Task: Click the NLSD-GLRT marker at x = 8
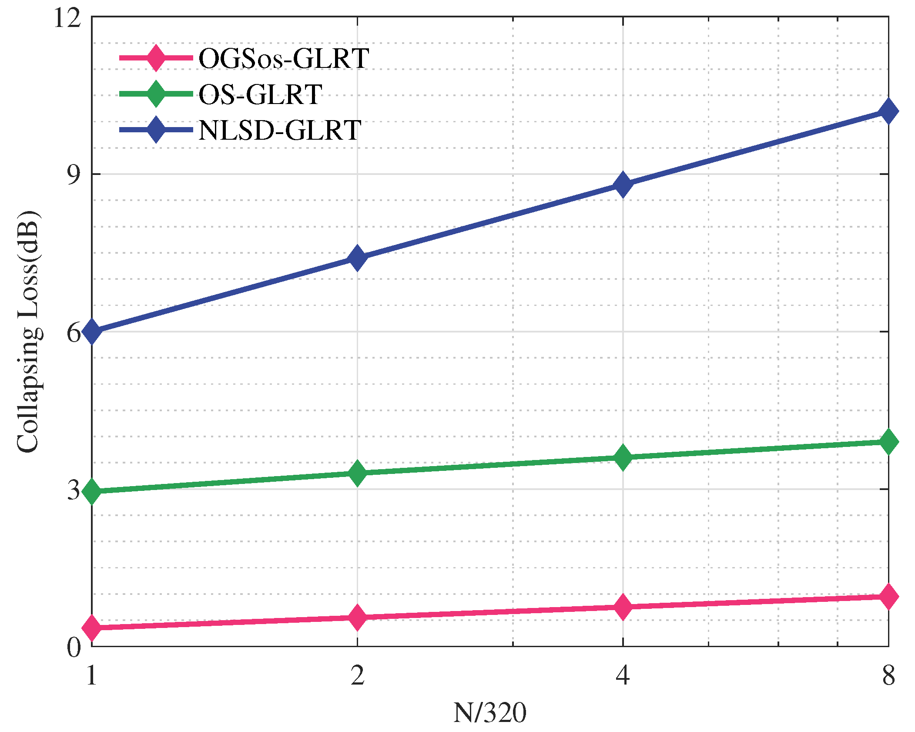pyautogui.click(x=888, y=111)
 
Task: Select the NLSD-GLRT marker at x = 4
pyautogui.click(x=623, y=184)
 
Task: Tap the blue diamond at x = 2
pyautogui.click(x=357, y=257)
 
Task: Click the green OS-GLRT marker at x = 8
pyautogui.click(x=888, y=441)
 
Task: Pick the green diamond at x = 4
pyautogui.click(x=623, y=457)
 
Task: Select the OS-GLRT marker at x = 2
pyautogui.click(x=357, y=473)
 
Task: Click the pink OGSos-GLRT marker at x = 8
pyautogui.click(x=888, y=596)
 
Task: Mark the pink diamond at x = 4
pyautogui.click(x=623, y=606)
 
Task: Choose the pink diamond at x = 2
pyautogui.click(x=357, y=617)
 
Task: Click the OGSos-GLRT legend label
pyautogui.click(x=284, y=58)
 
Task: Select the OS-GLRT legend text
pyautogui.click(x=260, y=94)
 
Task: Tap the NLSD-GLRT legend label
pyautogui.click(x=279, y=130)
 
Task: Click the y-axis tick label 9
pyautogui.click(x=74, y=175)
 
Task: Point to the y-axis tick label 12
pyautogui.click(x=68, y=18)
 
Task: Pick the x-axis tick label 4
pyautogui.click(x=623, y=676)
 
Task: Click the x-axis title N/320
pyautogui.click(x=489, y=713)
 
